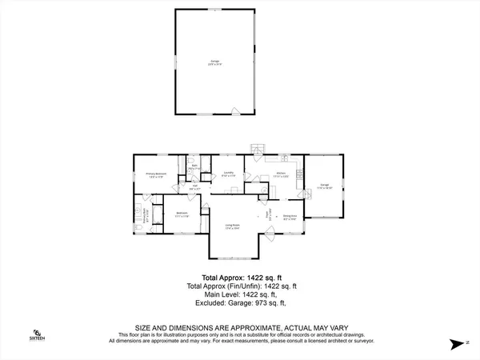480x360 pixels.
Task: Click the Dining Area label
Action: [290, 216]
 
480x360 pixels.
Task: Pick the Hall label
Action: [195, 187]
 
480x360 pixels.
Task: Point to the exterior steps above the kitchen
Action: [256, 149]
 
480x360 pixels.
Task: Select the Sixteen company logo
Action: [36, 334]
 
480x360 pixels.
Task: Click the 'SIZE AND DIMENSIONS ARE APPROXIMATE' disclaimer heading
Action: [239, 328]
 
